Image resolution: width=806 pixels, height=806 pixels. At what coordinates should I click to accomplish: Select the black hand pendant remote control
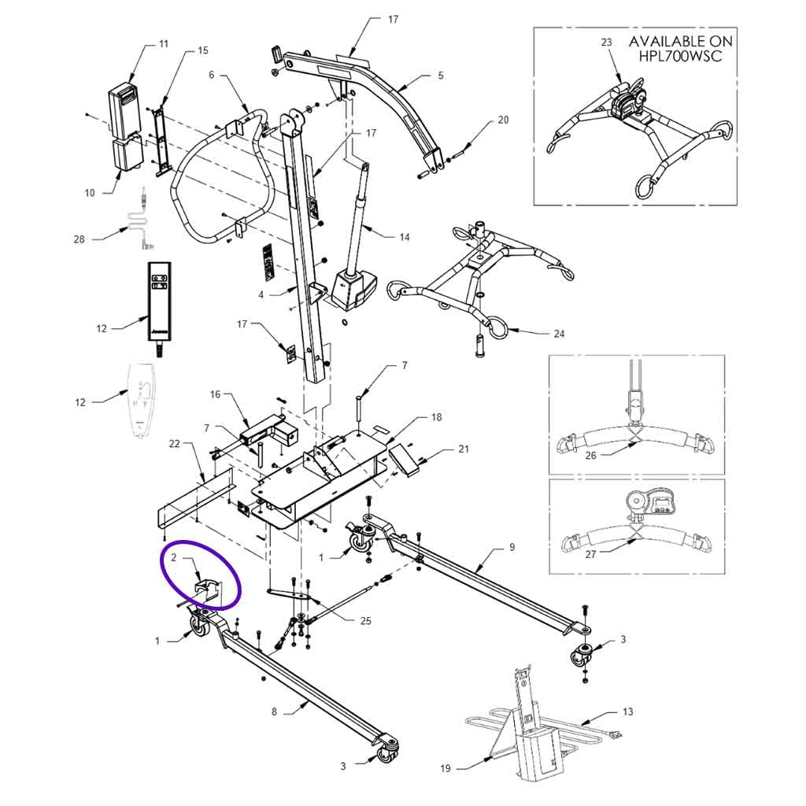[x=160, y=299]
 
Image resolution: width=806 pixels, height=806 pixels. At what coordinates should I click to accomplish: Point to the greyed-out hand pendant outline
[x=142, y=397]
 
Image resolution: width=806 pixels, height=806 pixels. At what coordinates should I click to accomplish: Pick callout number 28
[x=79, y=239]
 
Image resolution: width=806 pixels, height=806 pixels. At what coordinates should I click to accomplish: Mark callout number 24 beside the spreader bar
[x=559, y=334]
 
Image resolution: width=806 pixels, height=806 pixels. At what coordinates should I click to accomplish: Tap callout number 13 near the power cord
[x=627, y=712]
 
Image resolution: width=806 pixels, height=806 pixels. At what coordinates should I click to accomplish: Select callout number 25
[x=365, y=621]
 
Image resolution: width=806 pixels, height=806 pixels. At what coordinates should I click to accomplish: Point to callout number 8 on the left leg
[x=274, y=712]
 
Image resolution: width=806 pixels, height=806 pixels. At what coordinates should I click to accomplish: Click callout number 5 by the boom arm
[x=440, y=76]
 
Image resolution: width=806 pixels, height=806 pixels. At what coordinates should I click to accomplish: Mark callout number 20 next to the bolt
[x=504, y=120]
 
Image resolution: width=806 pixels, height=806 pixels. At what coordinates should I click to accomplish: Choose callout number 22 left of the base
[x=175, y=445]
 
